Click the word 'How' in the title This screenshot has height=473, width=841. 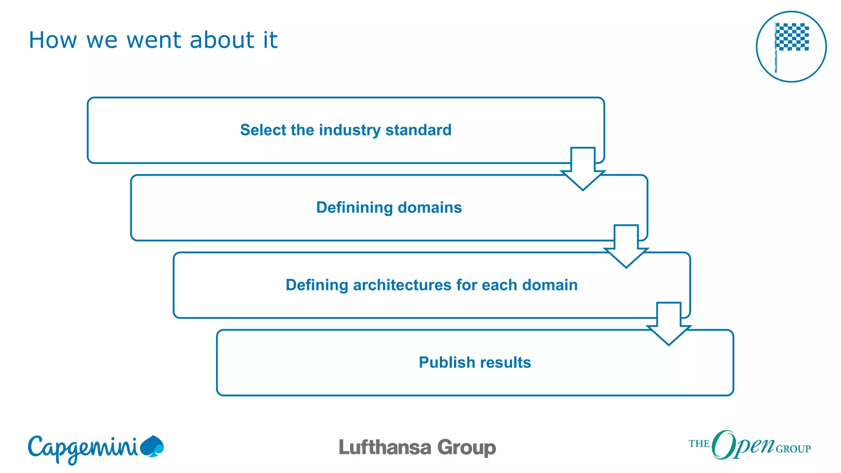[53, 40]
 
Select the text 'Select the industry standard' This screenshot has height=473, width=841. [346, 130]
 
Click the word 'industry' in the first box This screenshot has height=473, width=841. [350, 130]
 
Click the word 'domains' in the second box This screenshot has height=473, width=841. [430, 208]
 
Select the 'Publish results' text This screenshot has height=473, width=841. [475, 363]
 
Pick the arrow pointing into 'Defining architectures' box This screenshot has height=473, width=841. [626, 247]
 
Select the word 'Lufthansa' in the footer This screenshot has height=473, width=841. [385, 448]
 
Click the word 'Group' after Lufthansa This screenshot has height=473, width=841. [466, 448]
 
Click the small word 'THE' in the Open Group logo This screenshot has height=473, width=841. [699, 444]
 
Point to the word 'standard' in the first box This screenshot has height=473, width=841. [418, 130]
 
